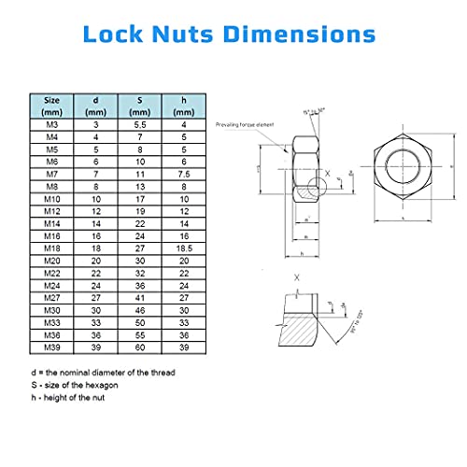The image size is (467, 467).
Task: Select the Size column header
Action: click(53, 104)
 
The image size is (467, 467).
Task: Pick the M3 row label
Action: click(53, 123)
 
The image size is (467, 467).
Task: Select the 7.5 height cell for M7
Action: click(184, 175)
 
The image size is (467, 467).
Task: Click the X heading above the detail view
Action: click(296, 277)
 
